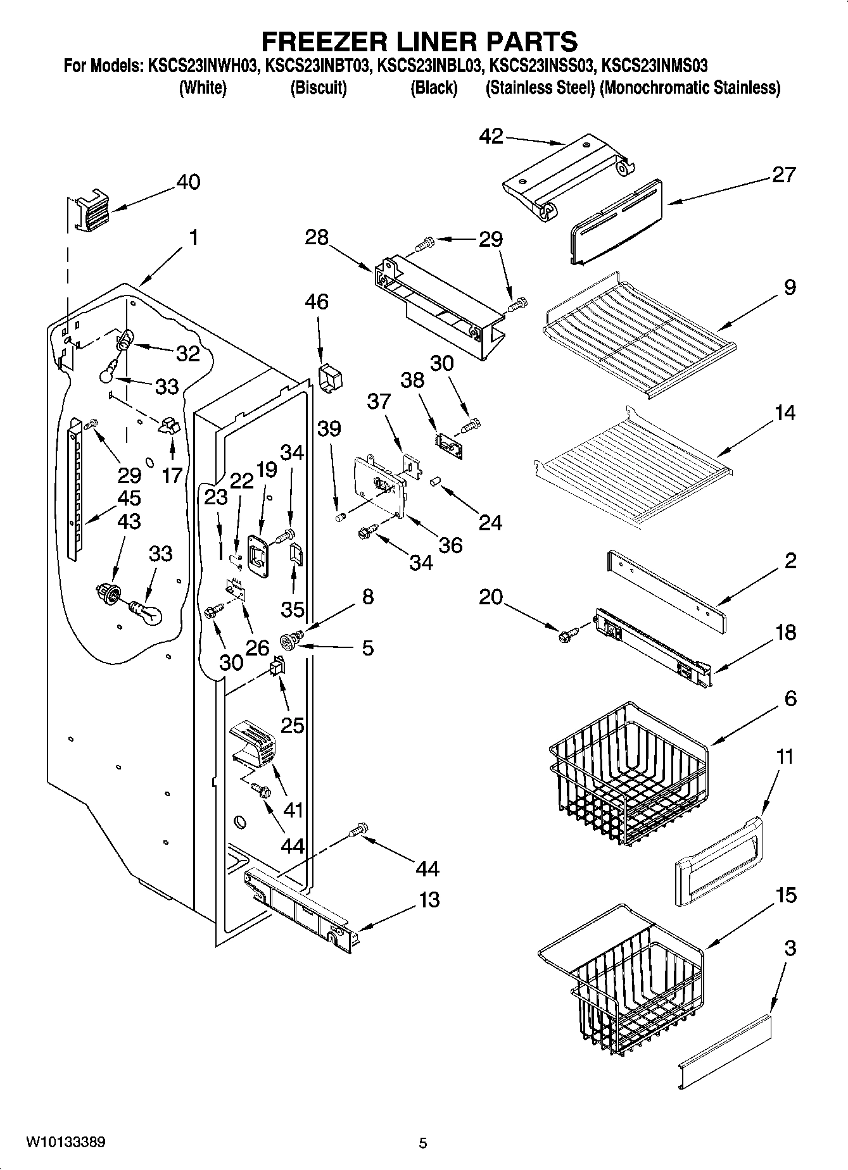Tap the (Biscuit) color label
319,88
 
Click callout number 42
491,136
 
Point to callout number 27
783,175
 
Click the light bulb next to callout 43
147,612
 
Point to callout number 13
429,899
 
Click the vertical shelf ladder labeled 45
76,487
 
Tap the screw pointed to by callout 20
567,634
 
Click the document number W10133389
65,1143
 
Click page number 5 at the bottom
423,1143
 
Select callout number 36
450,545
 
